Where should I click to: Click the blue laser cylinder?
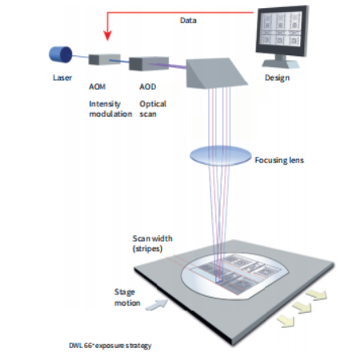click(60, 54)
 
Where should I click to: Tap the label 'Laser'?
click(62, 78)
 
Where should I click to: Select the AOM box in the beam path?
click(104, 60)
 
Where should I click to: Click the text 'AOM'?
click(97, 86)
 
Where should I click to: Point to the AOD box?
click(149, 64)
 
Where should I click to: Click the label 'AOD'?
click(147, 86)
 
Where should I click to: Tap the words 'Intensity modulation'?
click(110, 109)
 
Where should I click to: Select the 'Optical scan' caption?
click(153, 109)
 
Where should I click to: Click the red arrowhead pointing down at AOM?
click(107, 36)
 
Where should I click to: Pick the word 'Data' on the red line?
click(188, 21)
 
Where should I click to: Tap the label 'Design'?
click(277, 78)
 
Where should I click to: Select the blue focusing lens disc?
click(221, 156)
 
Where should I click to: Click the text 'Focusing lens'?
click(279, 160)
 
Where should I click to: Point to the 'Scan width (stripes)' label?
click(153, 243)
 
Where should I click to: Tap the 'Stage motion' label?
click(127, 298)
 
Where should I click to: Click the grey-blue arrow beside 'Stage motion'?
click(157, 305)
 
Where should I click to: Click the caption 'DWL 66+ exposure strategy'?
click(110, 346)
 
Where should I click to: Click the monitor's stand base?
click(281, 64)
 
